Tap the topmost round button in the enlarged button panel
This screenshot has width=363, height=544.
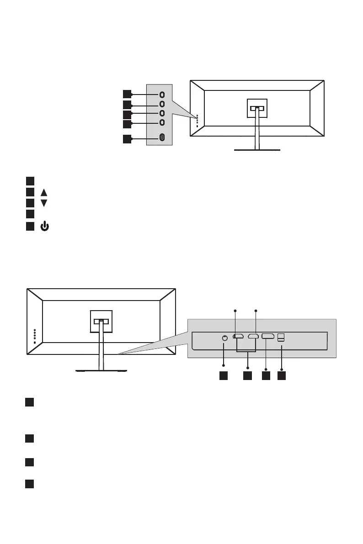coord(162,94)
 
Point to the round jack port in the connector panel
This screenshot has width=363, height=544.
coord(224,338)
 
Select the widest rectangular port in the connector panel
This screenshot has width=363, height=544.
coord(268,337)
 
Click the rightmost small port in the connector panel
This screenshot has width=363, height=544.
coord(282,337)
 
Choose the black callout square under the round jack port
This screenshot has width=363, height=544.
coord(223,375)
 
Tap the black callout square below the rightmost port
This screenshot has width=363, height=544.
coord(282,375)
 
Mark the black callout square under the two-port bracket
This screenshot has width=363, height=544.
coord(247,375)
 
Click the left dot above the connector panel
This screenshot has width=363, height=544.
coord(235,311)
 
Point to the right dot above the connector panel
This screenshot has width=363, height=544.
coord(256,311)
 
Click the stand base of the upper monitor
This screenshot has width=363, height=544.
coord(257,149)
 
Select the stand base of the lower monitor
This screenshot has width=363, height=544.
coord(101,370)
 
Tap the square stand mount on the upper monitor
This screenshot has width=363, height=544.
coord(257,109)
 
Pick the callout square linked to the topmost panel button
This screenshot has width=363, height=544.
coord(127,94)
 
